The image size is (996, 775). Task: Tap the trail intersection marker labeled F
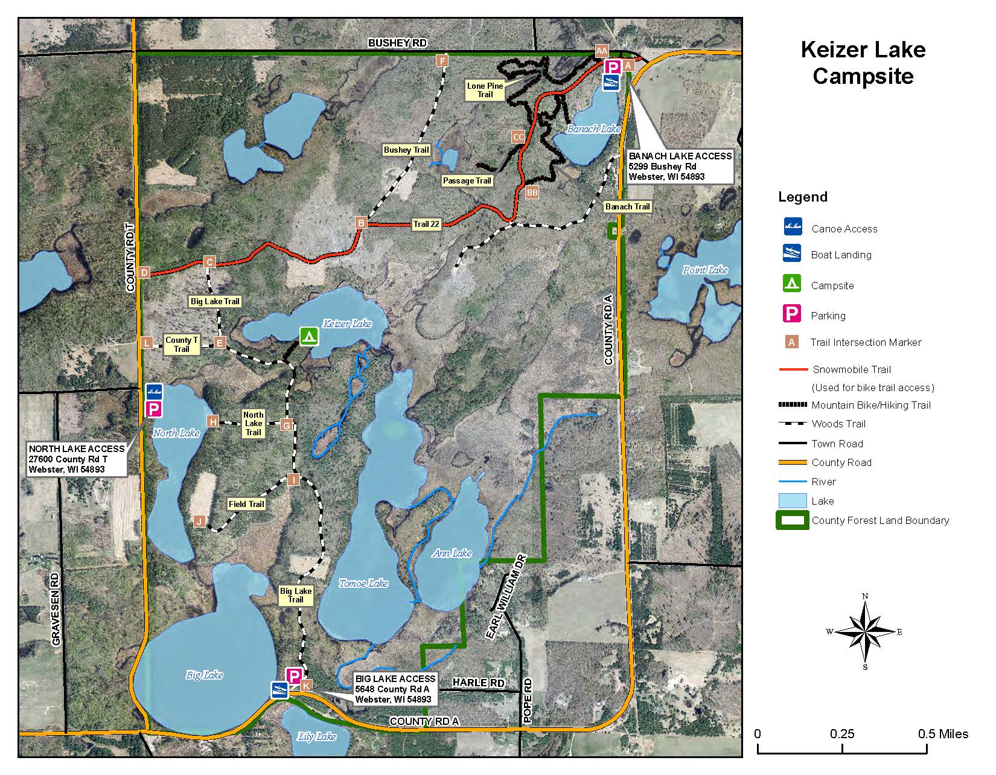pos(442,60)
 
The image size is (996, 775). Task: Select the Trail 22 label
pos(426,224)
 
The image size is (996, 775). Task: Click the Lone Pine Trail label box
pos(485,90)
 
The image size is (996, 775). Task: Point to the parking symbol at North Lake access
pos(154,409)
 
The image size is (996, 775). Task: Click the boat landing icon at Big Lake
pos(279,690)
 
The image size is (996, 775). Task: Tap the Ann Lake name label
pos(452,553)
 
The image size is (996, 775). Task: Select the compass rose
pos(865,632)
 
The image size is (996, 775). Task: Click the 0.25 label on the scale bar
pos(842,734)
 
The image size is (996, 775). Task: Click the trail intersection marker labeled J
pos(199,521)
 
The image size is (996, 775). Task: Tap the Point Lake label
pos(704,270)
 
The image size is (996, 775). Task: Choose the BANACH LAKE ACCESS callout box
pos(680,166)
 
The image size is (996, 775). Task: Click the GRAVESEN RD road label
pos(56,610)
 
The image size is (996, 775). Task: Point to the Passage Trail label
pos(467,180)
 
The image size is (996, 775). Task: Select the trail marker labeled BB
pos(532,193)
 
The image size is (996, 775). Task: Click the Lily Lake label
pos(317,736)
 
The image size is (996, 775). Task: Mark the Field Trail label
pos(246,504)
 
